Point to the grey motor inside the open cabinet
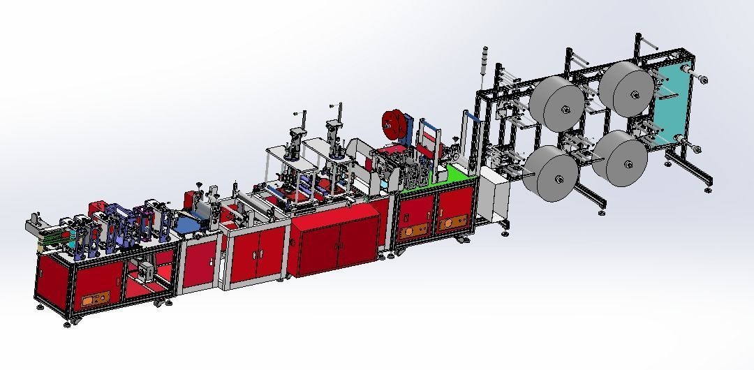click(145, 269)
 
